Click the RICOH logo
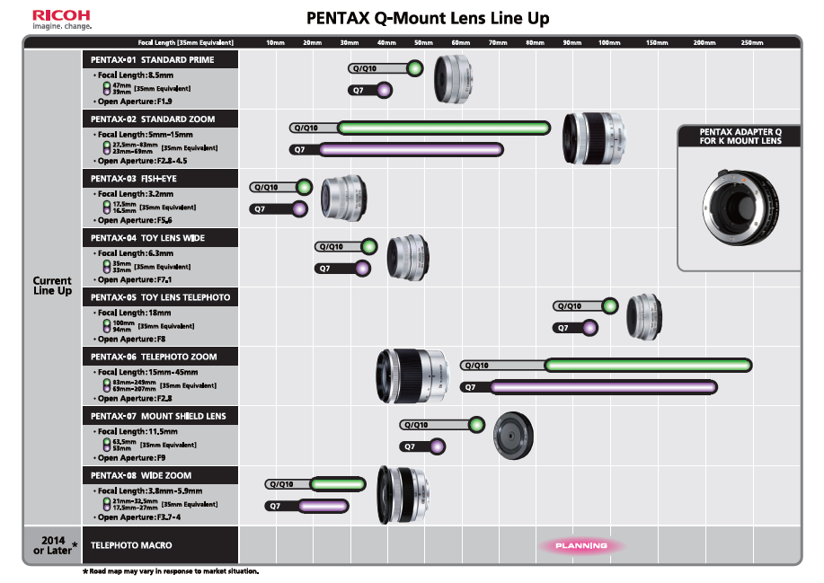(61, 15)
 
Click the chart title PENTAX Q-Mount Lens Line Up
(428, 18)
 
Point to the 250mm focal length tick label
(752, 42)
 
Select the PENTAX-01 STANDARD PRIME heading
(152, 59)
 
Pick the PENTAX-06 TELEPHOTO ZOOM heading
(153, 357)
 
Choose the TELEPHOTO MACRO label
(131, 545)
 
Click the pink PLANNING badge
(581, 545)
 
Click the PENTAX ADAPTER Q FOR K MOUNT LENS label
(740, 136)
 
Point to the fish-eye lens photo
(341, 198)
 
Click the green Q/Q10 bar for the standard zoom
(441, 128)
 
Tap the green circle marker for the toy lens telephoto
(610, 305)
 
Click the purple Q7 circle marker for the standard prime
(385, 90)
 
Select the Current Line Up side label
(52, 286)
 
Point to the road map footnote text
(171, 572)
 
